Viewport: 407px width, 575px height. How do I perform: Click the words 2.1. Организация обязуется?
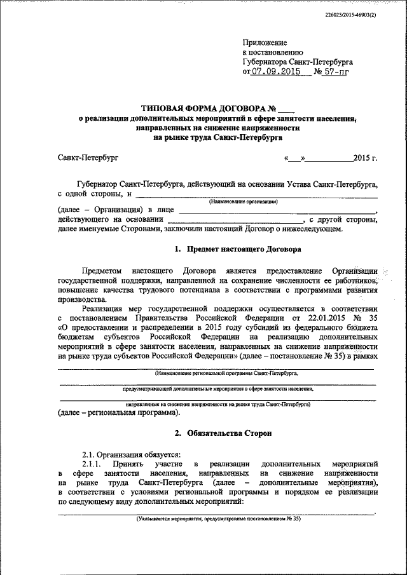click(131, 453)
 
